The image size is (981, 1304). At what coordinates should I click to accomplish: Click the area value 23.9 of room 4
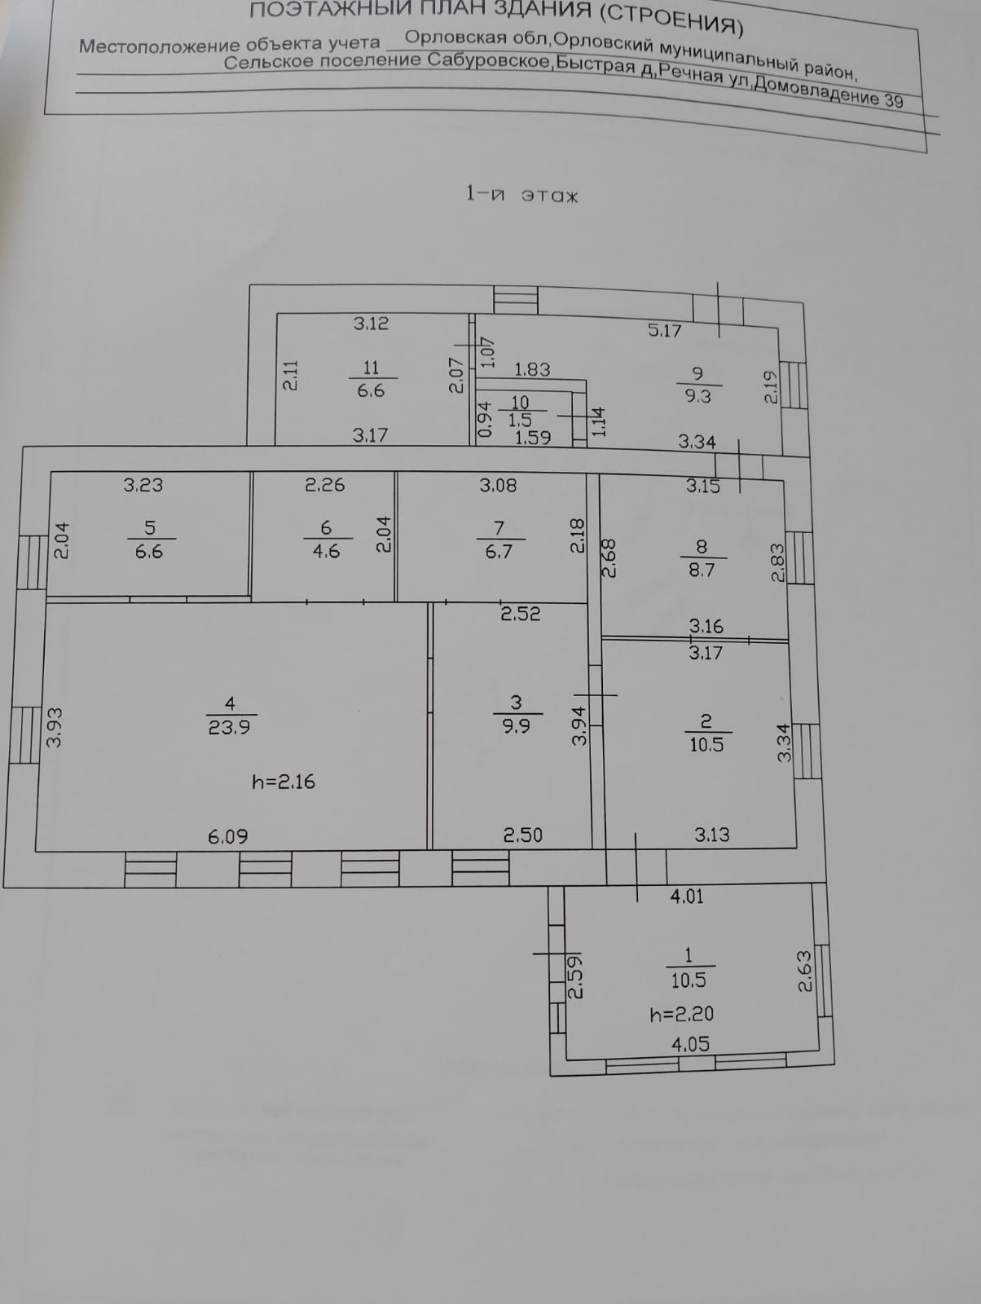(229, 727)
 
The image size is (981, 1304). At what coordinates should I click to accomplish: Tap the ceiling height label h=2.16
(284, 782)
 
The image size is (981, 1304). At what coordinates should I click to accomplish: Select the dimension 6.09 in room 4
(228, 836)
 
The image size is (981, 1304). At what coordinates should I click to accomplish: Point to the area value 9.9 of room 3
(516, 726)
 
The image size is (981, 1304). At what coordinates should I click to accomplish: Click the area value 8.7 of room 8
(702, 570)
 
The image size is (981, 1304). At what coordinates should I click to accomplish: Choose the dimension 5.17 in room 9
(664, 330)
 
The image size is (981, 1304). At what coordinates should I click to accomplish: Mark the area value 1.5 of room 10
(520, 420)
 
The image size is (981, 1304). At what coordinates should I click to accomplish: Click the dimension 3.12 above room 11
(371, 324)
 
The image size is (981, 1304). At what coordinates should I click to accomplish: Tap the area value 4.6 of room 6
(326, 552)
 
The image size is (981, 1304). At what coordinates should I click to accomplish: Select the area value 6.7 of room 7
(499, 552)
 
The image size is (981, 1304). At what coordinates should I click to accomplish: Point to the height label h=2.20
(682, 1014)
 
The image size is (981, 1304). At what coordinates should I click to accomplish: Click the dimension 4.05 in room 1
(690, 1044)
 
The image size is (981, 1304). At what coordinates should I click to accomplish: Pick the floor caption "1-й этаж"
(521, 195)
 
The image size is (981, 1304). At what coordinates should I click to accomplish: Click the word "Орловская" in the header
(452, 37)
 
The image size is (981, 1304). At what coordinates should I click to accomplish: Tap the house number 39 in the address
(893, 100)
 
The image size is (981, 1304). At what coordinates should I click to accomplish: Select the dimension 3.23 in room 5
(143, 485)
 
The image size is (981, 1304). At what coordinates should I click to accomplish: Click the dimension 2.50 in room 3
(522, 835)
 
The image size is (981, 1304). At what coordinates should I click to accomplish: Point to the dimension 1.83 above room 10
(532, 369)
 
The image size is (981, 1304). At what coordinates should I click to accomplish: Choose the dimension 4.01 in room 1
(686, 896)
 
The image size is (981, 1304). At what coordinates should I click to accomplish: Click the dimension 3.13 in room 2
(711, 835)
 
